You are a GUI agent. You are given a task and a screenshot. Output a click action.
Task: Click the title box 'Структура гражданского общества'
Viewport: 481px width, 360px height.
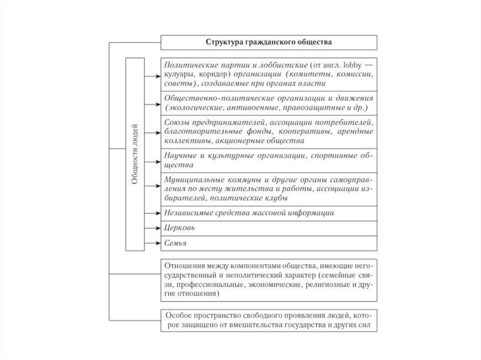(269, 42)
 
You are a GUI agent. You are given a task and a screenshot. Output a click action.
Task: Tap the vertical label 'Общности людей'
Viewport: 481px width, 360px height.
(135, 154)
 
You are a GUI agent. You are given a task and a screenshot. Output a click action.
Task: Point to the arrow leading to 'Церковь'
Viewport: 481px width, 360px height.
(153, 228)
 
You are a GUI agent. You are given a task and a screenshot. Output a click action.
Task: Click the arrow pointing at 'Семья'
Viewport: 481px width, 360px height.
(153, 243)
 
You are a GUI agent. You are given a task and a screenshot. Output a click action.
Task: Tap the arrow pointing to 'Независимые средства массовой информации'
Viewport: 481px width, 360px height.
(153, 213)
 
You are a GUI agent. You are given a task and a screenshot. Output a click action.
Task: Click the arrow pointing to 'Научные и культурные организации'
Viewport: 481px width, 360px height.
(153, 161)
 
